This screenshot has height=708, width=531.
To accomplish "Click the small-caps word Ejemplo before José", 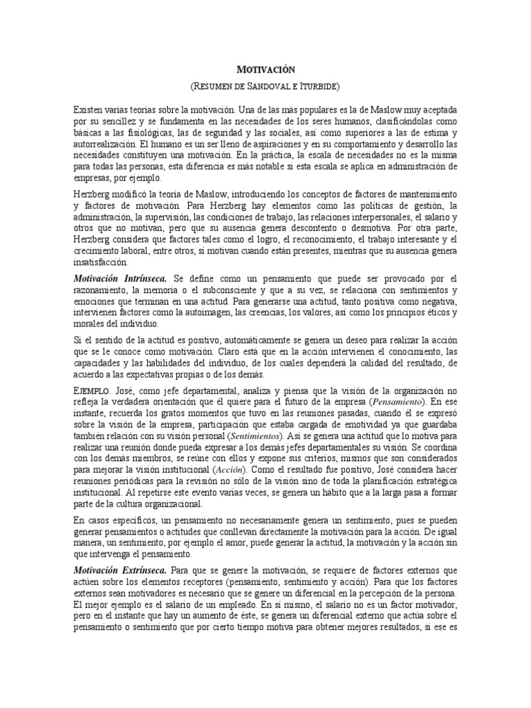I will tap(90, 391).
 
